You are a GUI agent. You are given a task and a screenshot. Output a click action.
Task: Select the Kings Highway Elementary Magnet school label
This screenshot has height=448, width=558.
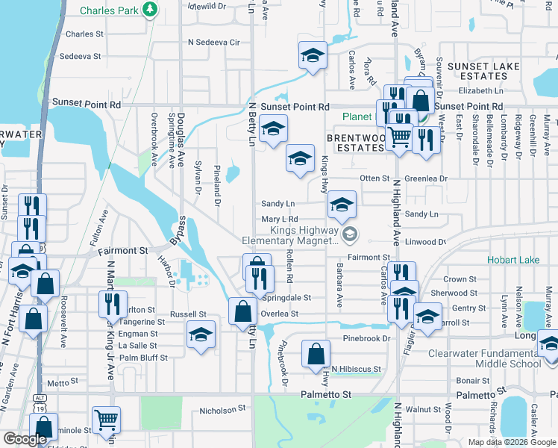click(x=290, y=235)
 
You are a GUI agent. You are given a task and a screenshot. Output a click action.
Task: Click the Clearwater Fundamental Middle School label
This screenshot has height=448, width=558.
click(x=486, y=358)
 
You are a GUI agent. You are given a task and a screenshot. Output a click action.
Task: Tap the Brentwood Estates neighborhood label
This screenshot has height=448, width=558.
click(x=354, y=143)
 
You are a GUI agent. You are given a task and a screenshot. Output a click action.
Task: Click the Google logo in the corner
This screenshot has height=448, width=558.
click(x=25, y=439)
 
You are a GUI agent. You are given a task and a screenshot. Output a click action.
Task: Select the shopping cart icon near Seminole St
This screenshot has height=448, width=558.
click(x=105, y=420)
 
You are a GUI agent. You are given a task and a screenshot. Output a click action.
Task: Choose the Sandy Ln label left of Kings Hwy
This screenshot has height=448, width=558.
click(x=278, y=204)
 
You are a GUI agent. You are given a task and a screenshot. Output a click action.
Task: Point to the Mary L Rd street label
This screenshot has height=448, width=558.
click(x=280, y=220)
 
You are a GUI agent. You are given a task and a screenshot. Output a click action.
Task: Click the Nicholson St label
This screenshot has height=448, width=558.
click(x=222, y=409)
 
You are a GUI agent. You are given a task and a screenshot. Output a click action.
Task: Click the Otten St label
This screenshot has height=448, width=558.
click(x=375, y=178)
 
